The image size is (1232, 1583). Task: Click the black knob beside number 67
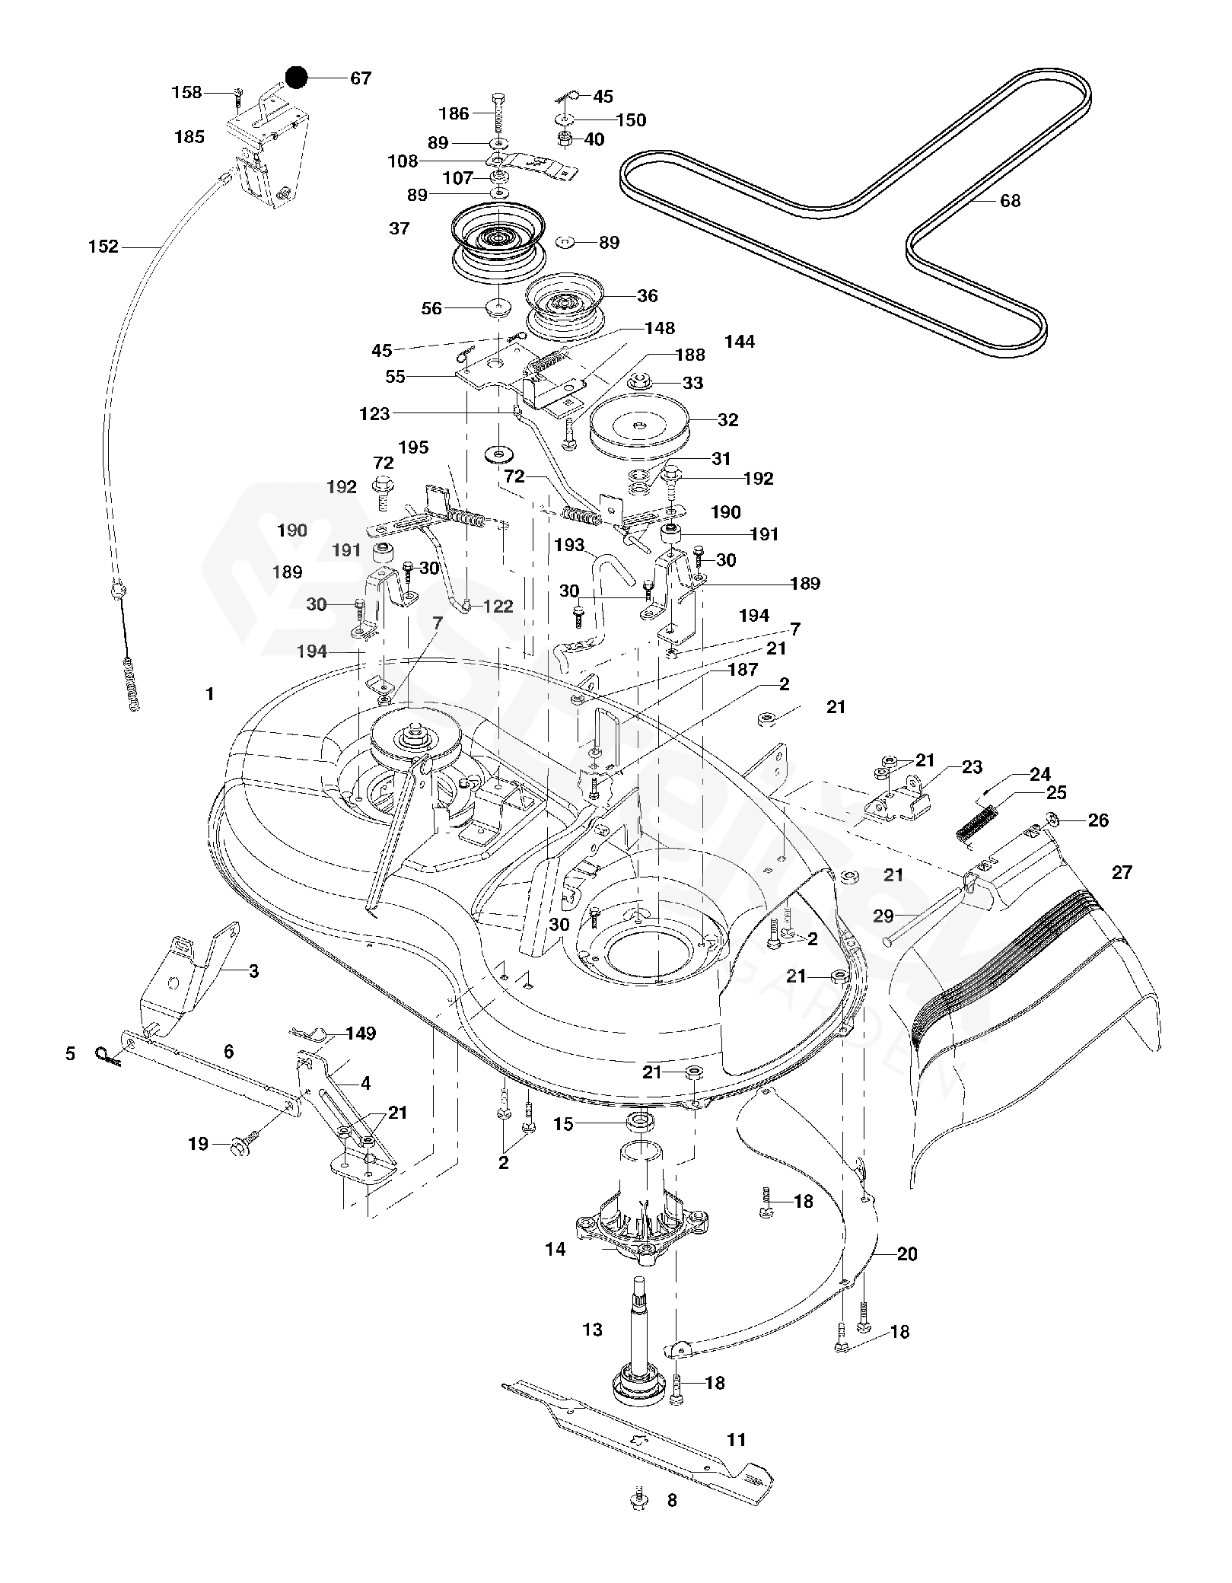(295, 77)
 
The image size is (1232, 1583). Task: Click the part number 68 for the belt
(1010, 201)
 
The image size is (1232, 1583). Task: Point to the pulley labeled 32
(639, 426)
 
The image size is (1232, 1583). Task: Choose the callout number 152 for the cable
(103, 247)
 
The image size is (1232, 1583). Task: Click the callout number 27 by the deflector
(1122, 872)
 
